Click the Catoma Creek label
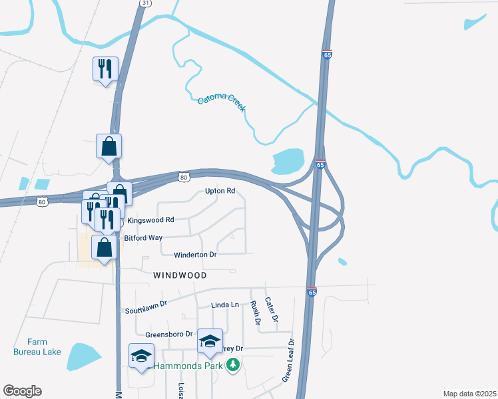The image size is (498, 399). tap(222, 101)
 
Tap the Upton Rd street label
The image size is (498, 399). tap(220, 191)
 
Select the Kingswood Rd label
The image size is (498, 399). tap(150, 219)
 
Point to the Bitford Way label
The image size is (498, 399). tap(143, 237)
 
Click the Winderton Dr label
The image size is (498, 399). tap(195, 255)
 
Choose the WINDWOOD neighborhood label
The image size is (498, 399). tap(180, 275)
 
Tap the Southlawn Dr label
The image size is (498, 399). tap(145, 311)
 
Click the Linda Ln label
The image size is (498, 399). tap(224, 305)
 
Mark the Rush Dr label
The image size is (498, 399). tap(254, 312)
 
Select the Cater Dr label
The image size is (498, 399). tap(270, 310)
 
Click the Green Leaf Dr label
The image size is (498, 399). tap(288, 360)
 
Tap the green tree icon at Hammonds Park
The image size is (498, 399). tap(232, 365)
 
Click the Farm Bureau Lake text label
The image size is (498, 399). tap(37, 347)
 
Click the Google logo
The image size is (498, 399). tap(22, 391)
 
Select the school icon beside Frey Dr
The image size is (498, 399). tap(210, 342)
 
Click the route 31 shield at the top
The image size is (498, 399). tap(146, 3)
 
